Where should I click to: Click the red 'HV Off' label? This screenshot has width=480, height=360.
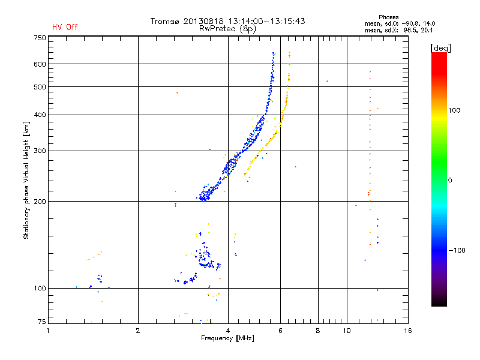pos(64,27)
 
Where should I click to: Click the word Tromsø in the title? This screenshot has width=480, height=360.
pos(165,21)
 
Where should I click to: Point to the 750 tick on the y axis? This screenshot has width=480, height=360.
pos(40,38)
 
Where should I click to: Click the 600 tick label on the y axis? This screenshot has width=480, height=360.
pos(40,64)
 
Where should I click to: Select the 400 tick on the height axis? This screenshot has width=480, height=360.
pos(40,115)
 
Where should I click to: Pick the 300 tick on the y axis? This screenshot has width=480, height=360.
pos(40,151)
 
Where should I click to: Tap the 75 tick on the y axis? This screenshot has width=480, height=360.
pos(41,322)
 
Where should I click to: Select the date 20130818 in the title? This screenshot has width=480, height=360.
pos(203,21)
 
